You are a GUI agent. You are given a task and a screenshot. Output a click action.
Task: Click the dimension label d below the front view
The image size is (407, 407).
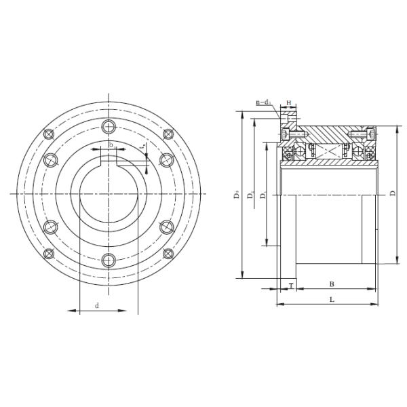click(x=97, y=306)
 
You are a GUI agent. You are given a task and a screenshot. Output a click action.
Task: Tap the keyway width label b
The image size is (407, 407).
click(x=111, y=144)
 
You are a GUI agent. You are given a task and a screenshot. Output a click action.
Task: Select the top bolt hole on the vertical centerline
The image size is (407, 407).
click(x=109, y=126)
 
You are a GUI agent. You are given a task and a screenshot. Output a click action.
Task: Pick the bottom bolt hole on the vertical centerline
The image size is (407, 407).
click(x=109, y=259)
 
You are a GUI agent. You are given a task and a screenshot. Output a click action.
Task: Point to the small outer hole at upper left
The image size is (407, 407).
click(x=47, y=134)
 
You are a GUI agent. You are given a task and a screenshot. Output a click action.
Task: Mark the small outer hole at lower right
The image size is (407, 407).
click(x=170, y=254)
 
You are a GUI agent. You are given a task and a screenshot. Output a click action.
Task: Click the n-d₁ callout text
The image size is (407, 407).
click(x=263, y=102)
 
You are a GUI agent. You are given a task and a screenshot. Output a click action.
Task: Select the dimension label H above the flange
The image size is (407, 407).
click(x=289, y=103)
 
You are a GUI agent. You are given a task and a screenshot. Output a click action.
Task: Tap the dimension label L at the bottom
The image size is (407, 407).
click(x=331, y=298)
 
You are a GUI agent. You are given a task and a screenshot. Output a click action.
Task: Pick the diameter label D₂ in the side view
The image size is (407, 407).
click(x=251, y=195)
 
